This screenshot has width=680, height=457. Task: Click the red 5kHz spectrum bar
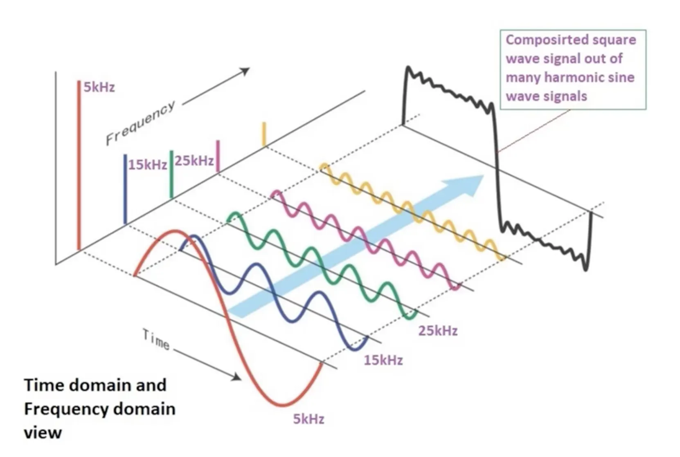coord(79,164)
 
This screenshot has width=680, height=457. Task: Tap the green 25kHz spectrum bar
coord(171,174)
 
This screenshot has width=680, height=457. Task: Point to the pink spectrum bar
coord(218,156)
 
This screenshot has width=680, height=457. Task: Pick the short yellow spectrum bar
coord(264,134)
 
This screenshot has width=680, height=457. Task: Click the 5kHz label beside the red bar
coord(99,87)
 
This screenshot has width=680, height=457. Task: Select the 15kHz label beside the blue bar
coord(147,164)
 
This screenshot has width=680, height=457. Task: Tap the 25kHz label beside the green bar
coord(194,160)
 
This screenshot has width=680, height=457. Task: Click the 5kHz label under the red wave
coord(308,419)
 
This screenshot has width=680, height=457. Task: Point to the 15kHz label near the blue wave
coord(383,360)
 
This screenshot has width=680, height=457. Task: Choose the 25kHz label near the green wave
coord(438,331)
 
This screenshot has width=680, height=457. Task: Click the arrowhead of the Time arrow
coord(237,376)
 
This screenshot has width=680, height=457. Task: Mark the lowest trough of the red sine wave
coord(282,405)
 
